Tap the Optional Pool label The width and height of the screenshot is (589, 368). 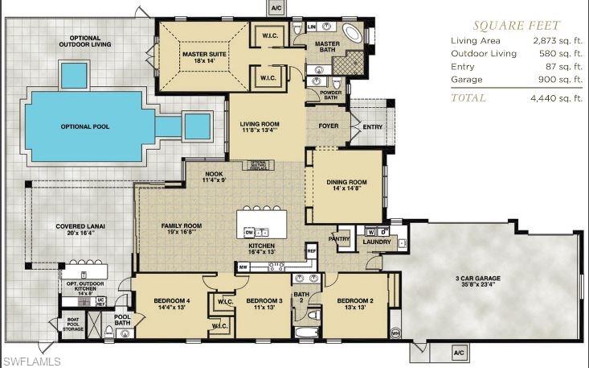(x=85, y=126)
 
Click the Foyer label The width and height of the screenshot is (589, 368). (x=329, y=126)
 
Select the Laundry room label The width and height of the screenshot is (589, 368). (x=377, y=241)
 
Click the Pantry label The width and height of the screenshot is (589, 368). (x=340, y=238)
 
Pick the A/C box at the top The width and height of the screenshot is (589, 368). (x=276, y=7)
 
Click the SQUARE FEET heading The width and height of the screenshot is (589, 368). (x=516, y=25)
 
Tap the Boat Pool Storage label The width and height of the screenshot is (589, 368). (x=73, y=325)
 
